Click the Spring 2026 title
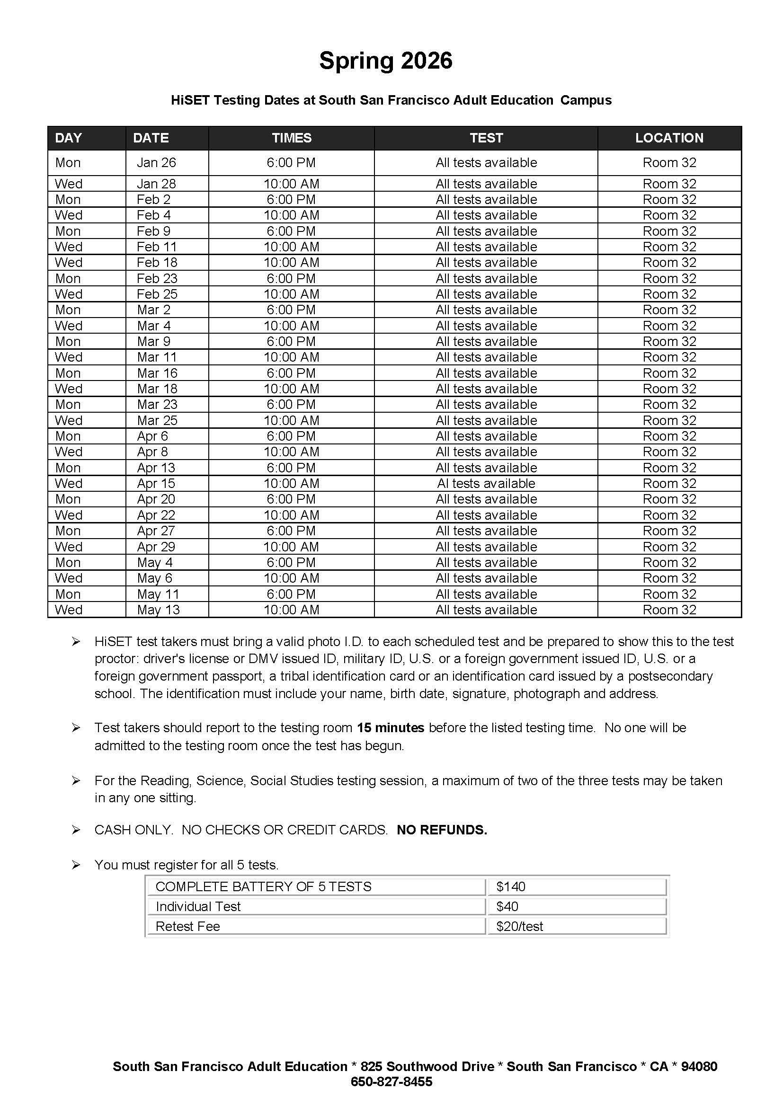click(x=386, y=61)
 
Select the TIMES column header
click(x=292, y=138)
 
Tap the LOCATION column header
click(x=669, y=138)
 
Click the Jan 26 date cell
click(x=156, y=162)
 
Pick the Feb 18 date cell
click(x=157, y=262)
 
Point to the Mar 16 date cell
click(x=157, y=372)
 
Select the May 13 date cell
click(x=158, y=610)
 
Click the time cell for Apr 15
click(x=291, y=483)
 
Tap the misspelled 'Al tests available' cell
click(x=486, y=483)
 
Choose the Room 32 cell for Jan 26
click(x=669, y=162)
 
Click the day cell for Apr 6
click(x=68, y=436)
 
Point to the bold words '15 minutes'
click(x=391, y=727)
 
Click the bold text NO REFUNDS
click(x=442, y=830)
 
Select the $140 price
click(x=511, y=886)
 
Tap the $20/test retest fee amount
click(x=519, y=926)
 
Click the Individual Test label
click(x=198, y=906)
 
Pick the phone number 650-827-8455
click(x=391, y=1082)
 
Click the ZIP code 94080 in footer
click(x=699, y=1066)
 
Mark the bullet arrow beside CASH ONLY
click(x=76, y=830)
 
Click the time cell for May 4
click(x=291, y=562)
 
